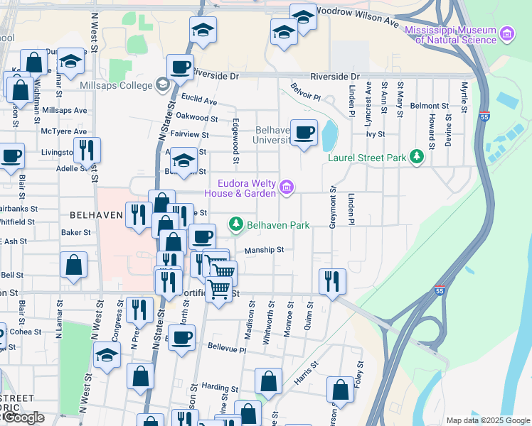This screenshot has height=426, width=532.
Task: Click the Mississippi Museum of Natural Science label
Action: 449,35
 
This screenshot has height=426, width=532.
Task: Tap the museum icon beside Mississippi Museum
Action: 506,33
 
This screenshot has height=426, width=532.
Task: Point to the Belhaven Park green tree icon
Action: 235,225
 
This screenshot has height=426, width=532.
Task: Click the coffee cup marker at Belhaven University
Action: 304,132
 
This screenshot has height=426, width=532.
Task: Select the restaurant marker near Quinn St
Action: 332,281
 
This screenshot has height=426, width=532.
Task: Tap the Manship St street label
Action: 264,250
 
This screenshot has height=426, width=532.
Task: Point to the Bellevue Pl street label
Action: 226,350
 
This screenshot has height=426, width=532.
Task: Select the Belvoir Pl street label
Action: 306,91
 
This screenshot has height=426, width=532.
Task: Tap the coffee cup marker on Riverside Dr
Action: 180,67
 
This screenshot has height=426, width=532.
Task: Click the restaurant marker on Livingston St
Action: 87,150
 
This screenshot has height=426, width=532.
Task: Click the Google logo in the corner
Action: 23,417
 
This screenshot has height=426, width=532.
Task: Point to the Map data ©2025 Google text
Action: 486,420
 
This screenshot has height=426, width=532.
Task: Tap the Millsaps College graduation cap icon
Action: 163,86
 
